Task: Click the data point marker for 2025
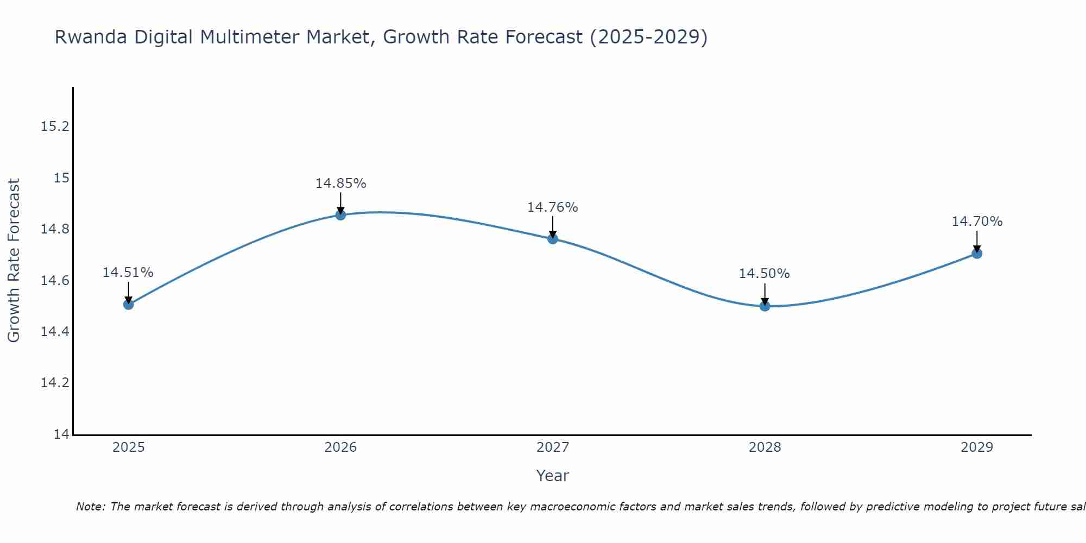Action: (129, 304)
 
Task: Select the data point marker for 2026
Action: (340, 214)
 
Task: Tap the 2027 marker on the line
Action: (553, 238)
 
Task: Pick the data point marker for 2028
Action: (765, 306)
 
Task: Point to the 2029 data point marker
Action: (977, 253)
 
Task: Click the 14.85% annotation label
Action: (340, 184)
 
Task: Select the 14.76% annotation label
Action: (553, 207)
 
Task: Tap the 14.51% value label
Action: (128, 273)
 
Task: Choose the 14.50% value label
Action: (764, 274)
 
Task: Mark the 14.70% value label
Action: (977, 222)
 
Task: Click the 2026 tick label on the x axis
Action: (340, 447)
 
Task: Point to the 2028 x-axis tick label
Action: (765, 447)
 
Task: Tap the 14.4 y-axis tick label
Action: (55, 332)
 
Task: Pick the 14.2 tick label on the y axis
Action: (55, 383)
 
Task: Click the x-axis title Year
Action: (552, 476)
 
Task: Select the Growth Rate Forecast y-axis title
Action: (14, 261)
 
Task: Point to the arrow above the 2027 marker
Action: (553, 226)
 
